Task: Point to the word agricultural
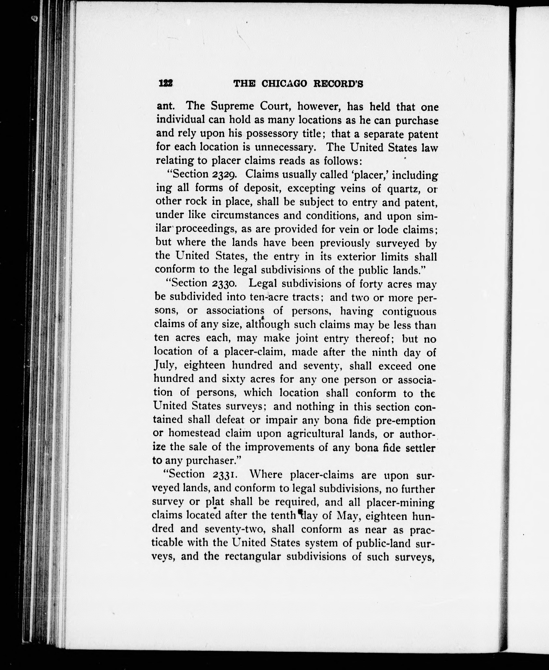(x=315, y=434)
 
